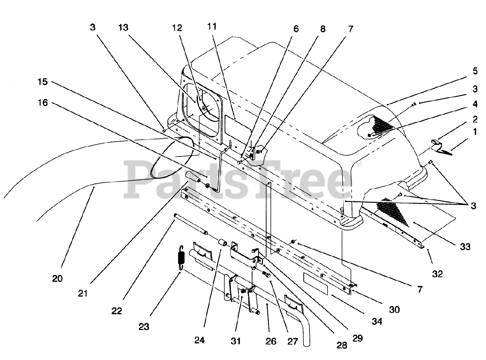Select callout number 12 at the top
pos(177,28)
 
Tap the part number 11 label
pos(212,26)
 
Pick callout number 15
pos(43,81)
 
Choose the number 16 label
pos(43,103)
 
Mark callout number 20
pos(57,278)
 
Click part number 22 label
pos(117,310)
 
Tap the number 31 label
pos(236,341)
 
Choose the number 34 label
pos(377,321)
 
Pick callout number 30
pos(394,309)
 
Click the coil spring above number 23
pos(181,257)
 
